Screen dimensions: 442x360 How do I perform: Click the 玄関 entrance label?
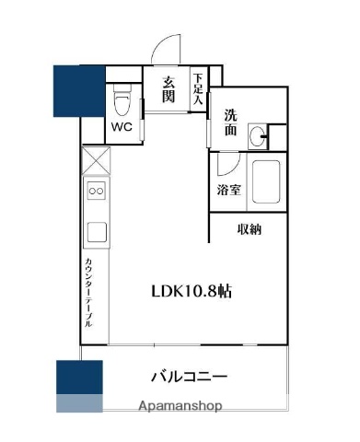coord(169,89)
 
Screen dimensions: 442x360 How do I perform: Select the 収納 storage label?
coord(249,229)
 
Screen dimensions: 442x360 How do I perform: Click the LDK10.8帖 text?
coord(191,291)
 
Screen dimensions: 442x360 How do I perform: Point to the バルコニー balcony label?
coord(189,377)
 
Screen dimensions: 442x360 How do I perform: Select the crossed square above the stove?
coord(96,163)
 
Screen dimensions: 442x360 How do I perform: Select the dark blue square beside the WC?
coord(78,90)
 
